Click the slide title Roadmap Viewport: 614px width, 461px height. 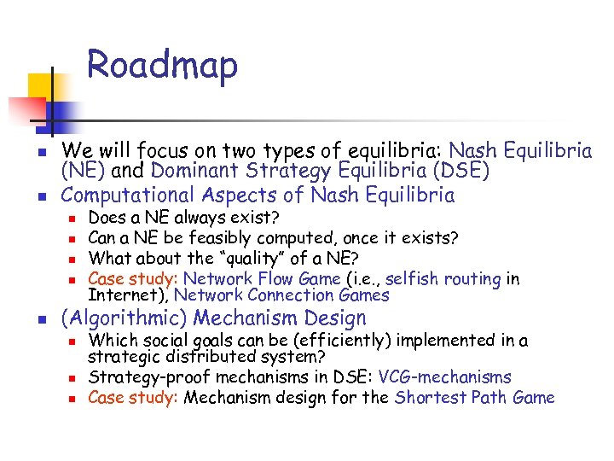pyautogui.click(x=162, y=66)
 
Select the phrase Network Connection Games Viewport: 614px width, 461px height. pyautogui.click(x=281, y=295)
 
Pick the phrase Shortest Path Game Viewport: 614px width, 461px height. pyautogui.click(x=474, y=397)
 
